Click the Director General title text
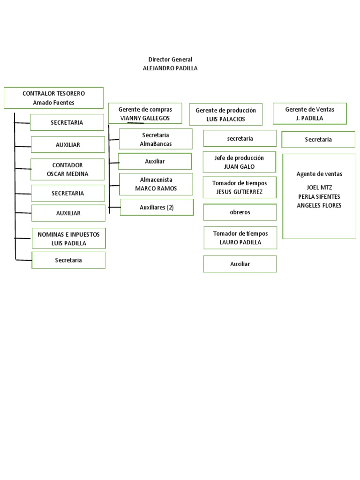(170, 60)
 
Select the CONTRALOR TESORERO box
(53, 98)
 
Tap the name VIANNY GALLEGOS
(145, 118)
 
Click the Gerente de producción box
(225, 114)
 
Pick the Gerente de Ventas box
(309, 113)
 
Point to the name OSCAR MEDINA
(67, 174)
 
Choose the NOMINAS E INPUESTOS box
(68, 239)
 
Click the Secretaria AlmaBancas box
(156, 139)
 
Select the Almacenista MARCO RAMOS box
(156, 184)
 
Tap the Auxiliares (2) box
(157, 207)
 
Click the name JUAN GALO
(239, 166)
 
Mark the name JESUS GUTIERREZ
(240, 192)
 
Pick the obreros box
(240, 212)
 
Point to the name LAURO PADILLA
(240, 242)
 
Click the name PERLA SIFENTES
(319, 196)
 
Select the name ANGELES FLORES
(319, 205)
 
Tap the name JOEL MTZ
(319, 187)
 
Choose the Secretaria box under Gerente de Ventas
(318, 140)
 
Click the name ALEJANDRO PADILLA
(170, 68)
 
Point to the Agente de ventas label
(319, 174)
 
